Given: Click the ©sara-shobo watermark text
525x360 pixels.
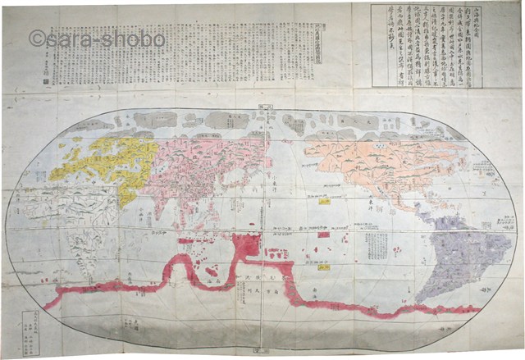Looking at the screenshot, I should tap(97, 39).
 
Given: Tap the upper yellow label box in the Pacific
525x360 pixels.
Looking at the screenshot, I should tap(325, 200).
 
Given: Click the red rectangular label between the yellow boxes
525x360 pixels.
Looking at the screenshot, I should tap(323, 235).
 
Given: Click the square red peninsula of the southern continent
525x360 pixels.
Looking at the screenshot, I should tap(246, 244).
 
